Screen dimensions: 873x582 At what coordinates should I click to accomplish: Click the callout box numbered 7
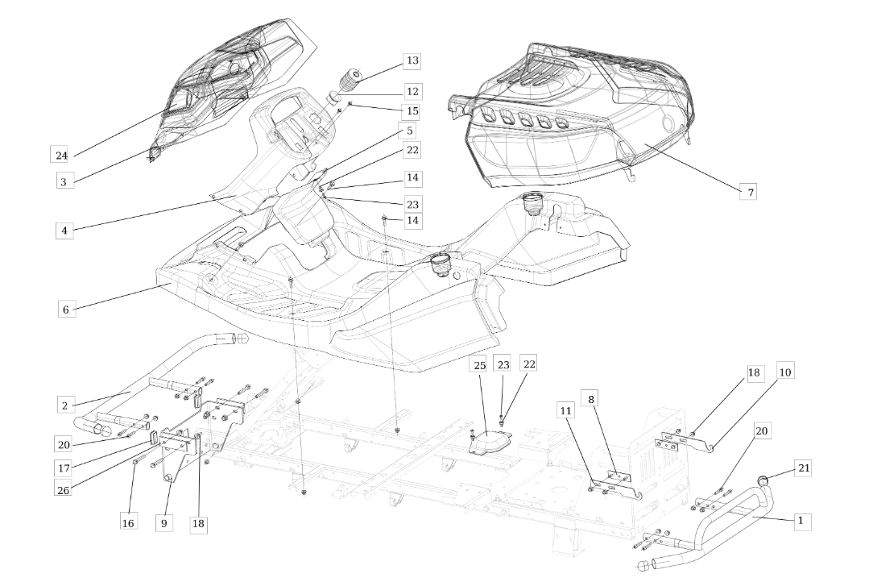[x=750, y=192]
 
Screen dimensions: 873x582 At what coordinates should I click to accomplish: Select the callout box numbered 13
[x=412, y=60]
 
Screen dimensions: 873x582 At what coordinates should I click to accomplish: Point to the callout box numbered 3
[x=64, y=181]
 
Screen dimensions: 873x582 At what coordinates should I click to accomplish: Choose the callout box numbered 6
[x=66, y=309]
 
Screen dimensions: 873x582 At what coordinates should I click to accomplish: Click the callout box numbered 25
[x=479, y=366]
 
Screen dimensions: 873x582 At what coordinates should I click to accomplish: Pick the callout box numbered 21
[x=804, y=468]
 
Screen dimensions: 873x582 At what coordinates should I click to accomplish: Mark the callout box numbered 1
[x=801, y=522]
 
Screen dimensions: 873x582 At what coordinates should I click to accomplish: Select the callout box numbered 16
[x=128, y=523]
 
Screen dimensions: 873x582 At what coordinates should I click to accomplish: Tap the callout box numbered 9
[x=163, y=523]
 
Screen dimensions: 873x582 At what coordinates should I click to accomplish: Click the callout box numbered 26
[x=64, y=490]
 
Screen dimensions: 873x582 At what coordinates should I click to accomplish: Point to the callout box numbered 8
[x=590, y=399]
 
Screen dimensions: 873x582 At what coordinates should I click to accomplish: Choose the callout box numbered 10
[x=784, y=371]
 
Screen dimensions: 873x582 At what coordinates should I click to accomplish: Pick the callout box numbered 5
[x=411, y=131]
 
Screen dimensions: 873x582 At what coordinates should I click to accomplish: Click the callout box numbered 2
[x=64, y=405]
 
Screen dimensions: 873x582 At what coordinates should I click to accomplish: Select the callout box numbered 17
[x=64, y=468]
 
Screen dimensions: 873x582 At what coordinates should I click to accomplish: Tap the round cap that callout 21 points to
[x=762, y=480]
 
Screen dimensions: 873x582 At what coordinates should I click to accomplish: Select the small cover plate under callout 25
[x=490, y=442]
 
